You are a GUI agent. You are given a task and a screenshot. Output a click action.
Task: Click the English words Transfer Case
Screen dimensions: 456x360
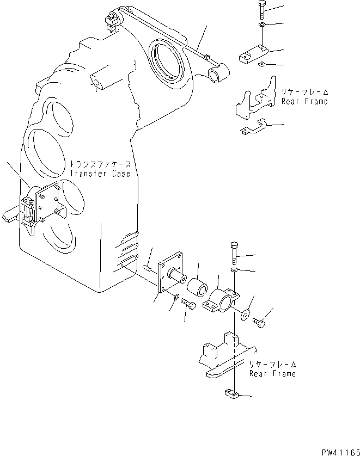click(x=100, y=174)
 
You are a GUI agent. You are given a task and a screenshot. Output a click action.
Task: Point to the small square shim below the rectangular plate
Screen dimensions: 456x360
click(x=261, y=66)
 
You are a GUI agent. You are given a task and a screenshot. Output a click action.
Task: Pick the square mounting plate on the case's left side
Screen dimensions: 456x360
click(x=47, y=202)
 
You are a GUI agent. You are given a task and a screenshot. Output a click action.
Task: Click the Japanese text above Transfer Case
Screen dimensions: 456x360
click(x=100, y=163)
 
